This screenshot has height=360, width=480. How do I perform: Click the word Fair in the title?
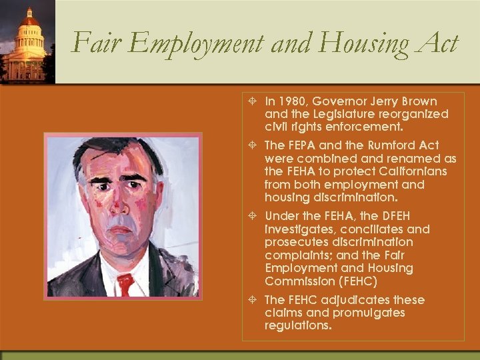pos(91,43)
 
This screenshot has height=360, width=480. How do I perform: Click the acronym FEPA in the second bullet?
pos(305,145)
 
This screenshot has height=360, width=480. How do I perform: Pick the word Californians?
pos(394,171)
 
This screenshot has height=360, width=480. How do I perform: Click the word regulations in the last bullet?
pos(297,326)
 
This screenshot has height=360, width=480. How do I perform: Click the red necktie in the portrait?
pos(125,283)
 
